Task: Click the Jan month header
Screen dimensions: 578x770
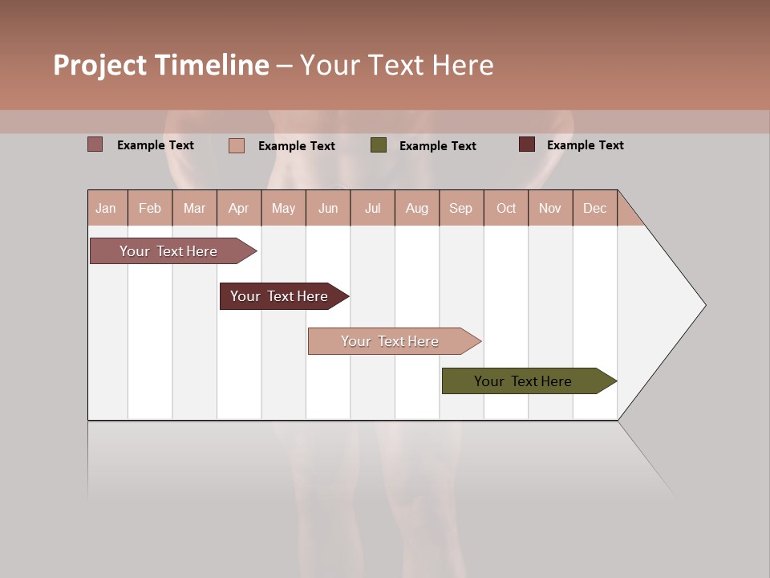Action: click(106, 208)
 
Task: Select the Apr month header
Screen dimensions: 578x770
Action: click(238, 208)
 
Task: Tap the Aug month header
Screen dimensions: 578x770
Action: click(416, 208)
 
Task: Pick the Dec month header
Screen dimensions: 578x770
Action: click(594, 208)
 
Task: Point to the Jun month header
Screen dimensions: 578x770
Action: click(327, 208)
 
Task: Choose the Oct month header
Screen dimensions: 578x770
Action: click(505, 208)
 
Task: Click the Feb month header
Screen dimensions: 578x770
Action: click(149, 208)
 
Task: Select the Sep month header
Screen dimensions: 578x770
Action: click(460, 208)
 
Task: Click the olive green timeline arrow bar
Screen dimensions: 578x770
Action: click(523, 381)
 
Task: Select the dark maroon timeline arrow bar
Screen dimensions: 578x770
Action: click(279, 296)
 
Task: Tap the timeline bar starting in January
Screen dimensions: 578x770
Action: click(168, 251)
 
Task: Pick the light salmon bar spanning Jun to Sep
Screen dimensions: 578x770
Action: click(390, 341)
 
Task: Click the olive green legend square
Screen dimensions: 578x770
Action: click(379, 145)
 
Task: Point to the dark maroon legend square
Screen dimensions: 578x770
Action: click(526, 144)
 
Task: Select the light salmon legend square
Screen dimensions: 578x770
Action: click(237, 145)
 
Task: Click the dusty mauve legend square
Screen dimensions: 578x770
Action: click(95, 144)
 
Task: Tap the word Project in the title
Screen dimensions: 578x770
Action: click(100, 65)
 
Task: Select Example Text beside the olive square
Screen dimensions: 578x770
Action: click(437, 145)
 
